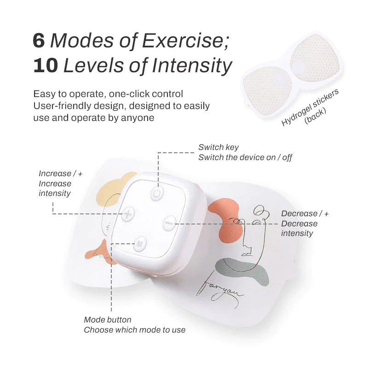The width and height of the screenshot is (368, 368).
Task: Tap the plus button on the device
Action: click(x=128, y=214)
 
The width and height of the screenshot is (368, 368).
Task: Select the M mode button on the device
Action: click(x=139, y=244)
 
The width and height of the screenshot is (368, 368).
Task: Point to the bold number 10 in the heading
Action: click(x=45, y=66)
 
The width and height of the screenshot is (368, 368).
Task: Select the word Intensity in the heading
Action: click(x=193, y=66)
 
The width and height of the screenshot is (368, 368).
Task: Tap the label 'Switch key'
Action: click(x=218, y=147)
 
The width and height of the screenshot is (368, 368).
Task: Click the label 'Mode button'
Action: click(x=107, y=320)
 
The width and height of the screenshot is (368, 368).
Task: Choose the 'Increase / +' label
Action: click(x=61, y=173)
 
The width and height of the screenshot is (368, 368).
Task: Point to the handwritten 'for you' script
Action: click(x=221, y=287)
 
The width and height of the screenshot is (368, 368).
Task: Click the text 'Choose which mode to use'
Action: click(x=134, y=330)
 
